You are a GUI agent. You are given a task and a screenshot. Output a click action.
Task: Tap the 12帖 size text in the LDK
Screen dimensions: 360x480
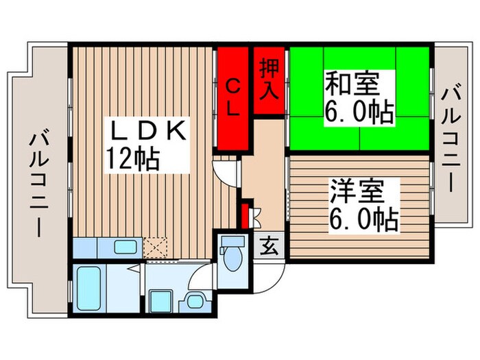(x=132, y=159)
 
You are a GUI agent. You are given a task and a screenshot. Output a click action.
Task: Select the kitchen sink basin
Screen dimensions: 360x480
(x=124, y=247)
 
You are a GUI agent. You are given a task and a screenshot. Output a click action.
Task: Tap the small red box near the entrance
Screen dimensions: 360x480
(x=245, y=215)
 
